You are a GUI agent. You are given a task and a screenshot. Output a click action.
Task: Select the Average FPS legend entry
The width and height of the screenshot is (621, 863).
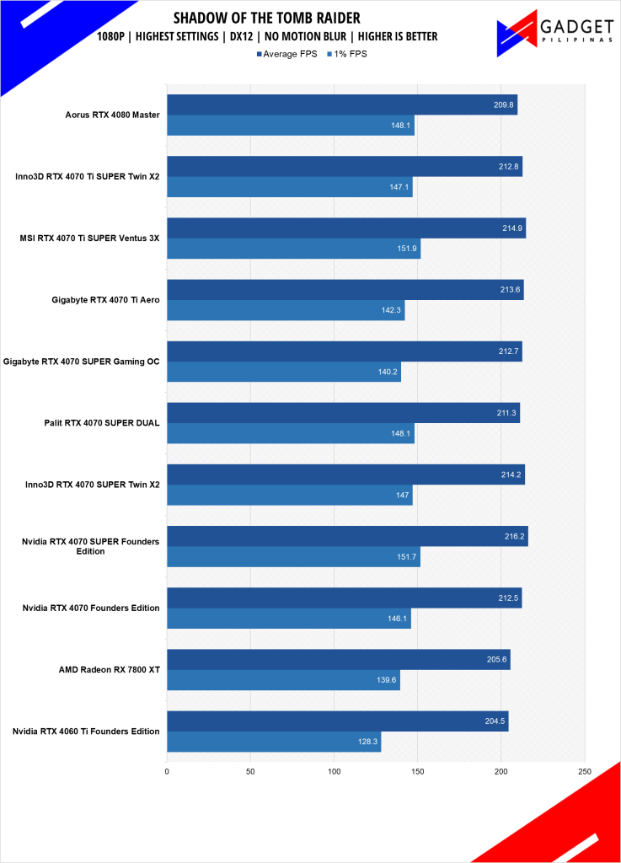pyautogui.click(x=286, y=54)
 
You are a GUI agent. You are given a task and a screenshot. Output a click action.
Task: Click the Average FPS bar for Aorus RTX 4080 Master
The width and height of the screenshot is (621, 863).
pyautogui.click(x=341, y=105)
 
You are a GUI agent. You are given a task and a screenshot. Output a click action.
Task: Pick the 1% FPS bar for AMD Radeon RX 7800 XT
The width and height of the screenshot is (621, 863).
pyautogui.click(x=283, y=680)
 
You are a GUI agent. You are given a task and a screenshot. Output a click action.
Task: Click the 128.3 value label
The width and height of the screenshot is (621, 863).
pyautogui.click(x=368, y=742)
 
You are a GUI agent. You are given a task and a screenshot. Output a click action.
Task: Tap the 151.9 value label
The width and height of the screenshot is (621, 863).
pyautogui.click(x=407, y=249)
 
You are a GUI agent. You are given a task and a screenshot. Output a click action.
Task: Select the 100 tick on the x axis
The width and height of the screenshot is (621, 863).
pyautogui.click(x=334, y=771)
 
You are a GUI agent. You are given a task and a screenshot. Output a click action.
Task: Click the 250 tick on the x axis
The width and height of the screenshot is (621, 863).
pyautogui.click(x=585, y=771)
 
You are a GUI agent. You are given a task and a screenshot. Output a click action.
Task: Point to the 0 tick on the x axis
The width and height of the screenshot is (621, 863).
pyautogui.click(x=167, y=771)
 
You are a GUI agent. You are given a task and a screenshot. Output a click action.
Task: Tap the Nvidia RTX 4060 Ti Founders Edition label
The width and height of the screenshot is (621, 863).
pyautogui.click(x=87, y=732)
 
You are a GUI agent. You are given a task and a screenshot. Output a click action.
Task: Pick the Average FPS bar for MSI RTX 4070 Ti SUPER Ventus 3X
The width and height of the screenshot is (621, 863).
pyautogui.click(x=345, y=228)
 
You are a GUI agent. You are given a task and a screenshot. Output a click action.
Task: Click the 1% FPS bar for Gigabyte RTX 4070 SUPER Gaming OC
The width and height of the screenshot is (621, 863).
pyautogui.click(x=283, y=372)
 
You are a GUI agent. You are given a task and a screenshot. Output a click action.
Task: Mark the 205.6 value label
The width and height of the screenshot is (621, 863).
pyautogui.click(x=497, y=659)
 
